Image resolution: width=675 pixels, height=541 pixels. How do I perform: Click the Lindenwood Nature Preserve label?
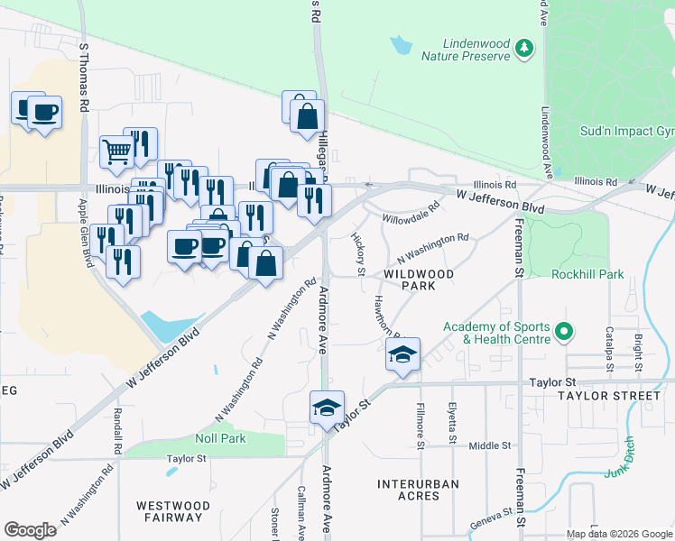(464, 50)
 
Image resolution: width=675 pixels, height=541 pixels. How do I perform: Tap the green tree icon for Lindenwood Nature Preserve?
(522, 50)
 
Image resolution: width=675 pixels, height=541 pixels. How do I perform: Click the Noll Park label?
(220, 438)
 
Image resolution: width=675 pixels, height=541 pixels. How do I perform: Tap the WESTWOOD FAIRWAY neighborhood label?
(172, 511)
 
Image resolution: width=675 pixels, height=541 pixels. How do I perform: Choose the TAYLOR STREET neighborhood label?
(609, 396)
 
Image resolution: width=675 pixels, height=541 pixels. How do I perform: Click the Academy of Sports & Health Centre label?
(495, 333)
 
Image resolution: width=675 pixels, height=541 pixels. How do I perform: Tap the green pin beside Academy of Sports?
(564, 332)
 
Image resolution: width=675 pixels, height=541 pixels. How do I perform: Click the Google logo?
(30, 530)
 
